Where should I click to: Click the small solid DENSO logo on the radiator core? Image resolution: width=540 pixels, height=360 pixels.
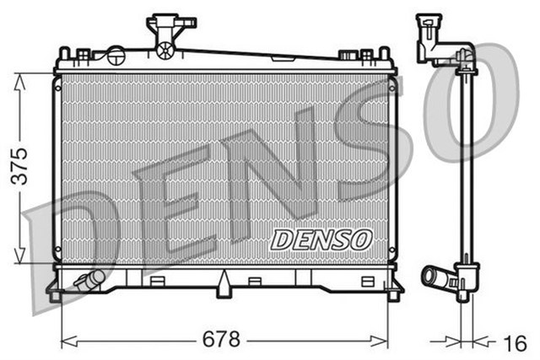(x=321, y=239)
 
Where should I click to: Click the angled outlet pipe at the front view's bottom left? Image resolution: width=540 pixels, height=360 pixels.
(x=88, y=280)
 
